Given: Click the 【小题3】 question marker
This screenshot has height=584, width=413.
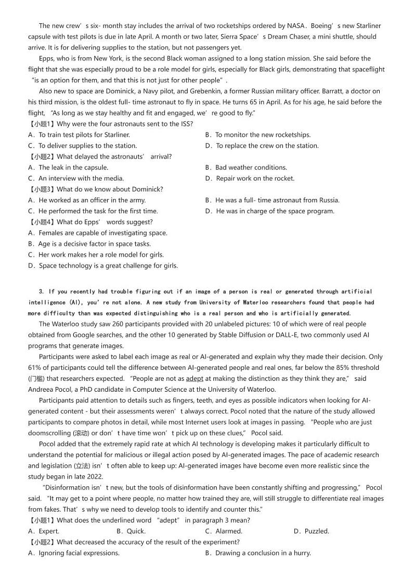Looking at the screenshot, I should [x=42, y=189].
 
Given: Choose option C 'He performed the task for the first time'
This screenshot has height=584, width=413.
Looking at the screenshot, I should [x=93, y=211].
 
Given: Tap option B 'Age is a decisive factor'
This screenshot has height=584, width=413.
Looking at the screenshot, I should [x=89, y=244].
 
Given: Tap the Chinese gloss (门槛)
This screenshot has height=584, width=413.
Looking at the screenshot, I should [x=36, y=378].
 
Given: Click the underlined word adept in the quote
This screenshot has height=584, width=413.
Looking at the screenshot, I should [x=195, y=378].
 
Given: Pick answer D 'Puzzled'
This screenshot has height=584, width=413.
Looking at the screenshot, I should [x=311, y=531].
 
